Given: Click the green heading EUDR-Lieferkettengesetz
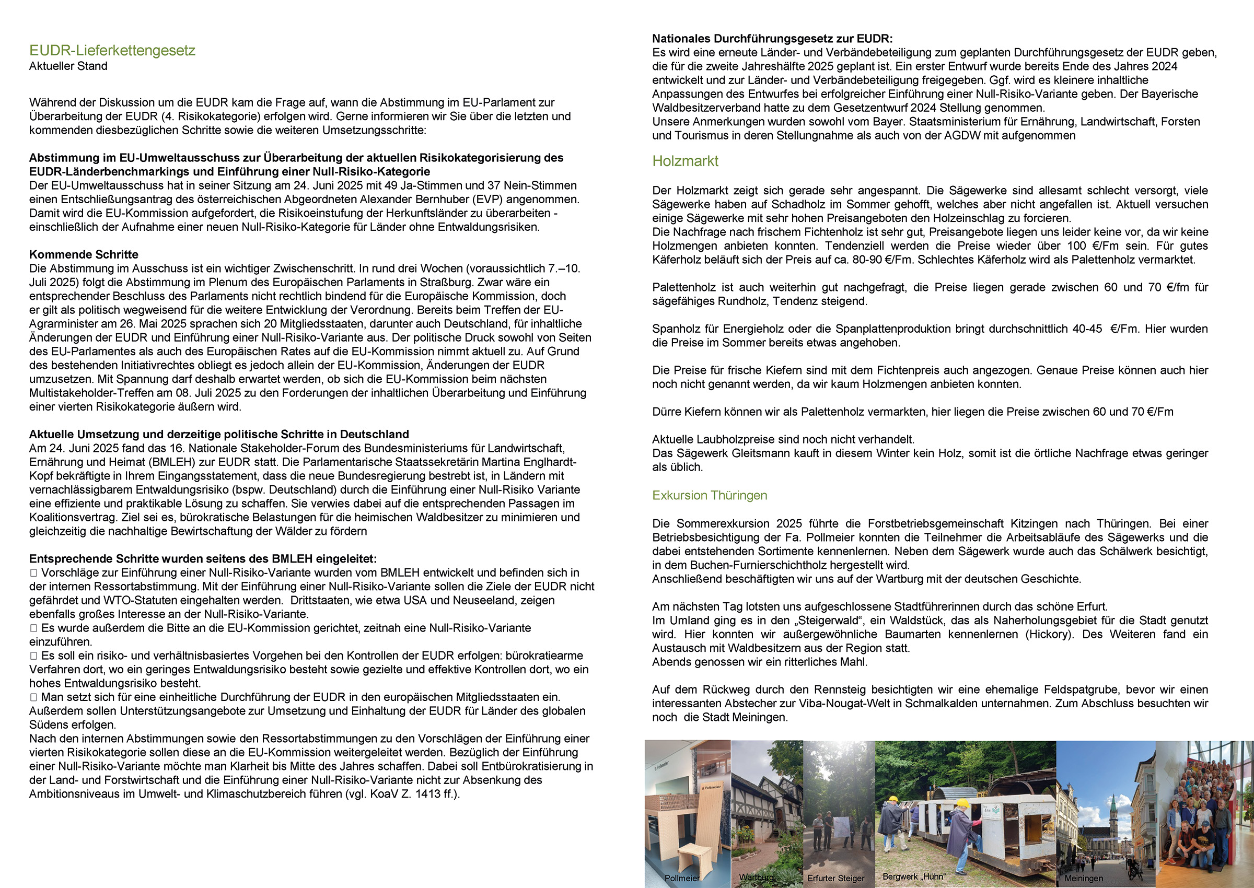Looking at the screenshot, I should pyautogui.click(x=112, y=50).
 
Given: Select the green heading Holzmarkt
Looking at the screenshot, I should pyautogui.click(x=684, y=161).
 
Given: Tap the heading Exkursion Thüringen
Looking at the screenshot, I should pyautogui.click(x=710, y=495).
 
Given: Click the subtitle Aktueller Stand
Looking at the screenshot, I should pyautogui.click(x=68, y=66).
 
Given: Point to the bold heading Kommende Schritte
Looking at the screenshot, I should pyautogui.click(x=84, y=254).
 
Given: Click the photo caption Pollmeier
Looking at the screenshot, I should pyautogui.click(x=681, y=878).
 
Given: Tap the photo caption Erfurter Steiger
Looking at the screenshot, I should pyautogui.click(x=835, y=878).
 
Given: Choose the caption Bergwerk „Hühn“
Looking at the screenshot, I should pyautogui.click(x=914, y=877).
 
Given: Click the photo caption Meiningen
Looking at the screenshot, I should pyautogui.click(x=1083, y=878).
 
